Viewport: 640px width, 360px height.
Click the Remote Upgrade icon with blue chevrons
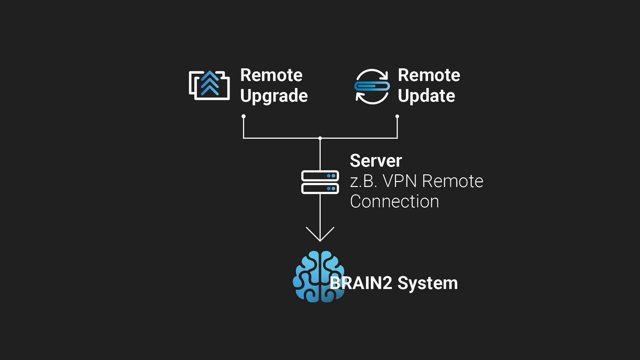tap(209, 85)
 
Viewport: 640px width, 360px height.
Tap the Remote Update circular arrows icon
tap(372, 86)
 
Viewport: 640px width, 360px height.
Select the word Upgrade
tap(274, 96)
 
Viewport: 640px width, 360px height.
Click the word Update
tap(426, 96)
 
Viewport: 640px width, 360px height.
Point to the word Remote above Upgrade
tap(271, 75)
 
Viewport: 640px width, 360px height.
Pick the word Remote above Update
tap(429, 75)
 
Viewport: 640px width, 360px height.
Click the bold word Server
tap(376, 161)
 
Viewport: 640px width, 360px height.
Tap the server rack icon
tap(320, 182)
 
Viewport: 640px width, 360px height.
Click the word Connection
tap(394, 202)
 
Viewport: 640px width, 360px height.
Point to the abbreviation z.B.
tap(363, 181)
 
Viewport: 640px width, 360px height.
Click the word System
tap(428, 284)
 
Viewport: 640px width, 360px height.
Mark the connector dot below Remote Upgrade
tap(244, 116)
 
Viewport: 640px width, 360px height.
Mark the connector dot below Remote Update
tap(397, 116)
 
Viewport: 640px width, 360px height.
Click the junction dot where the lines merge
tap(320, 138)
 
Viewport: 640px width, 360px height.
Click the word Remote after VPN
tap(452, 181)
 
